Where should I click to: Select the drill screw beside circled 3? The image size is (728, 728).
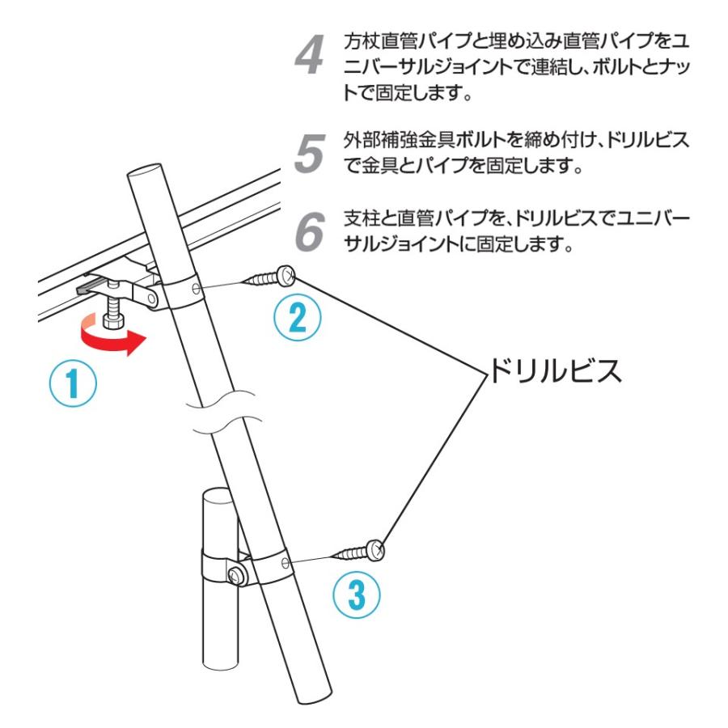[x=360, y=552]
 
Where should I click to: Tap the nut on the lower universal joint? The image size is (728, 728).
[x=236, y=575]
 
